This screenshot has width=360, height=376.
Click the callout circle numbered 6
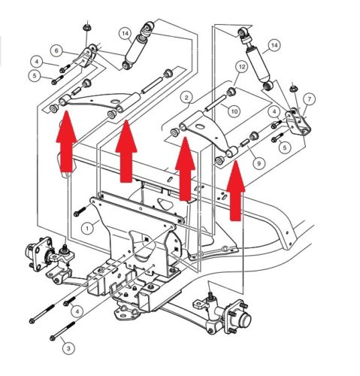point(56,50)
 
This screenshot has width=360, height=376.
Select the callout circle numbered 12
point(241,67)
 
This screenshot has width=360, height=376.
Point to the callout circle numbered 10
point(234,112)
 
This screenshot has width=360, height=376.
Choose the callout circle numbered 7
point(310,99)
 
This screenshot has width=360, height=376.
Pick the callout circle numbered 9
point(259,162)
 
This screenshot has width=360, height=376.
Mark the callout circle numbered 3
point(68,348)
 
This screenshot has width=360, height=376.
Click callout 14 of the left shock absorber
point(124,33)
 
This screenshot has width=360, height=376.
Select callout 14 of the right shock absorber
point(273,46)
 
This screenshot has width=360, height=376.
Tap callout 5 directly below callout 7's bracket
point(284,147)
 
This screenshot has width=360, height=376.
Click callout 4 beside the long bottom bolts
point(76,311)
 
